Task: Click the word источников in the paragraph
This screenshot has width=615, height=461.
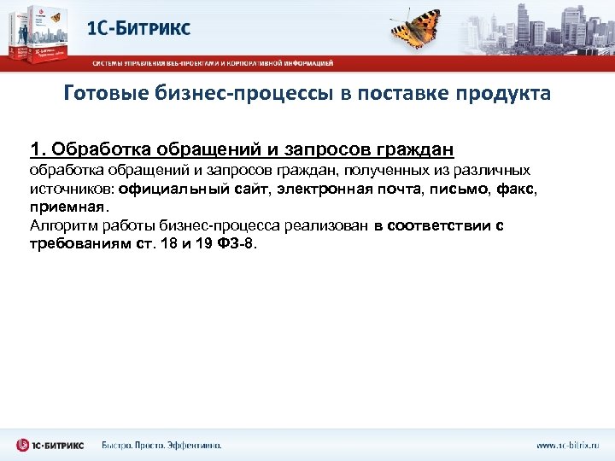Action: pyautogui.click(x=73, y=189)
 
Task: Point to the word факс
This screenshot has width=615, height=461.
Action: pyautogui.click(x=516, y=189)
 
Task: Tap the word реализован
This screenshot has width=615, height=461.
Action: pyautogui.click(x=329, y=225)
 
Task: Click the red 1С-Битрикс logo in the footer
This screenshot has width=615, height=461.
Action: pyautogui.click(x=50, y=445)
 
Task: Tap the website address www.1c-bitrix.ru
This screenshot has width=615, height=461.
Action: pyautogui.click(x=567, y=445)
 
